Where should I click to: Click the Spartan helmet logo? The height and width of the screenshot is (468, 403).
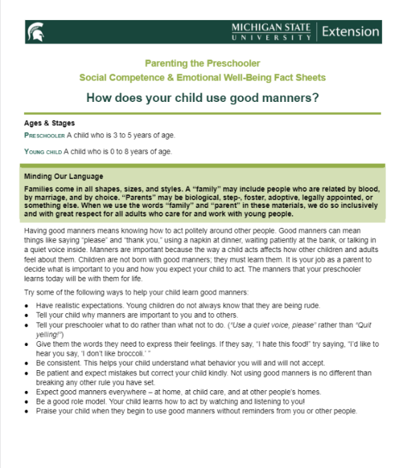35,31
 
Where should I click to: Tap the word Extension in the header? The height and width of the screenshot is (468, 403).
351,32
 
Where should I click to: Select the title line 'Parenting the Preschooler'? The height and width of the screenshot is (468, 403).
201,62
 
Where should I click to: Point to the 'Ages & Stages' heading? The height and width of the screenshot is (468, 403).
49,123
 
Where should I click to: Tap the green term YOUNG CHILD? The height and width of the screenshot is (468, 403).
43,152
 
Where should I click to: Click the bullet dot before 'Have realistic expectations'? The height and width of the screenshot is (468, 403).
27,306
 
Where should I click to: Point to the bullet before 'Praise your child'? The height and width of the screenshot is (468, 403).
27,410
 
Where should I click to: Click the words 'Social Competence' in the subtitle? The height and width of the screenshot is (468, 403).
117,78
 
